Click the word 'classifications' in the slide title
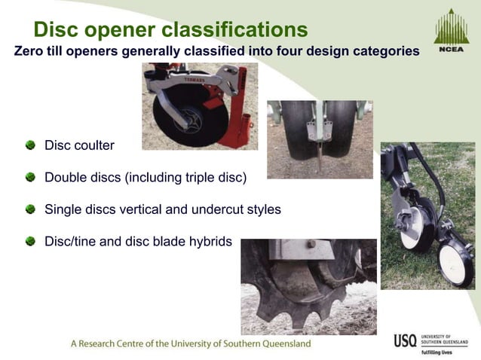243,29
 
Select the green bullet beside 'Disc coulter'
30,144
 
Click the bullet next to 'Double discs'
30,177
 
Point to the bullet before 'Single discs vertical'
30,209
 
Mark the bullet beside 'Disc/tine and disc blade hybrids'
30,241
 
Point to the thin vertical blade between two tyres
319,154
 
